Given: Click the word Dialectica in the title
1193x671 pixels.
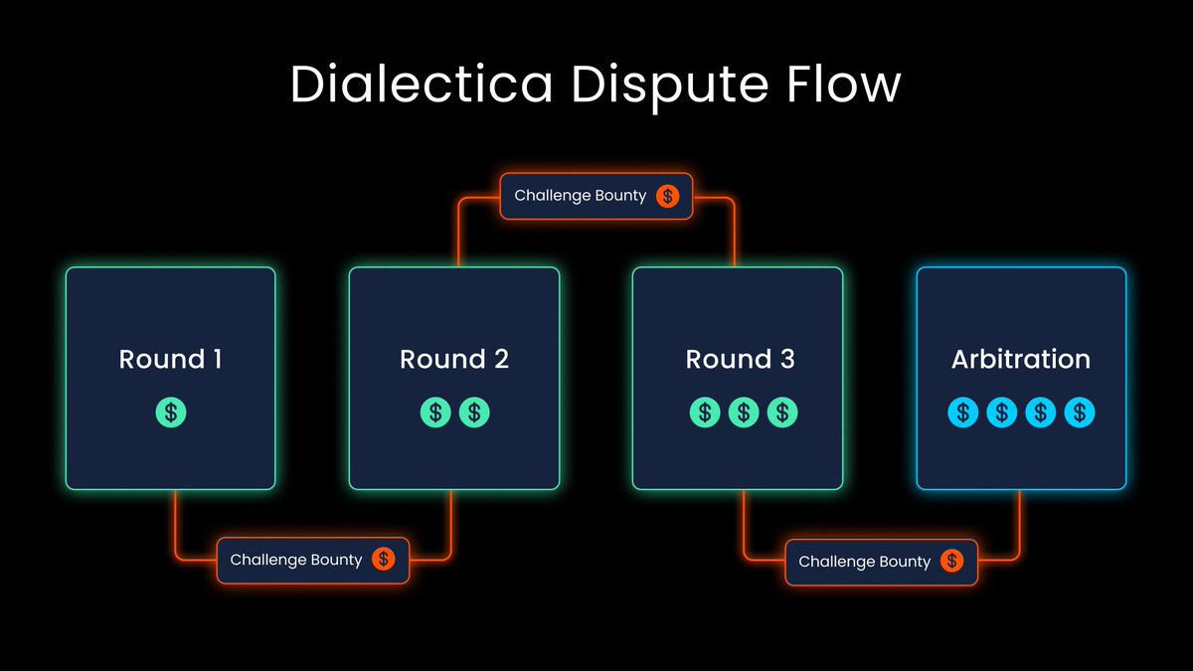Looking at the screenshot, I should click(422, 84).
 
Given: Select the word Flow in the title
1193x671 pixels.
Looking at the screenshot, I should click(839, 84).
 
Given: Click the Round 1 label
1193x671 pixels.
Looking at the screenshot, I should click(170, 359).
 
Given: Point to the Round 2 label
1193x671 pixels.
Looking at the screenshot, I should click(454, 359).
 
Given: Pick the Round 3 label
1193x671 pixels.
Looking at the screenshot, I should click(740, 359).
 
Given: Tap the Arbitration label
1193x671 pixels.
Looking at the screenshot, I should click(1021, 359).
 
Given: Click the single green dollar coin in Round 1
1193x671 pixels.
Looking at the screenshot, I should click(171, 412).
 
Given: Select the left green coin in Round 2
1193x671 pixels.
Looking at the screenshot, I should click(435, 412).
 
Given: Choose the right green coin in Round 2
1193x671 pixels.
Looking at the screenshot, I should click(474, 412).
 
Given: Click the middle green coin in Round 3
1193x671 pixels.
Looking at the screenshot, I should click(744, 412).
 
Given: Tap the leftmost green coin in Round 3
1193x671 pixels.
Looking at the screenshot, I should click(705, 412).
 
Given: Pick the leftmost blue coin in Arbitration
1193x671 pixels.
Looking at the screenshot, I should click(963, 412).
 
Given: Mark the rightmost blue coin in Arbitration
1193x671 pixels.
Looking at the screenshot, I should click(1080, 412).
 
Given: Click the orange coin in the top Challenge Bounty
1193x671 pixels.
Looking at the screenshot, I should click(668, 196).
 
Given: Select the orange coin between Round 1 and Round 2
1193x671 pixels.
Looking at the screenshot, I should click(384, 560).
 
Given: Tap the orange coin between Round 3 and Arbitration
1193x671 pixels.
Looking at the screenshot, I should click(952, 562).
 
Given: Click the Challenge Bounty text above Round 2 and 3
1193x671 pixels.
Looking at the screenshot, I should click(580, 196).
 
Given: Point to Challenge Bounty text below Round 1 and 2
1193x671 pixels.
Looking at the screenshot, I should click(296, 560).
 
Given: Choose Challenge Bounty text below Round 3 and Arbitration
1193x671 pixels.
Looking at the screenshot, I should click(865, 562).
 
